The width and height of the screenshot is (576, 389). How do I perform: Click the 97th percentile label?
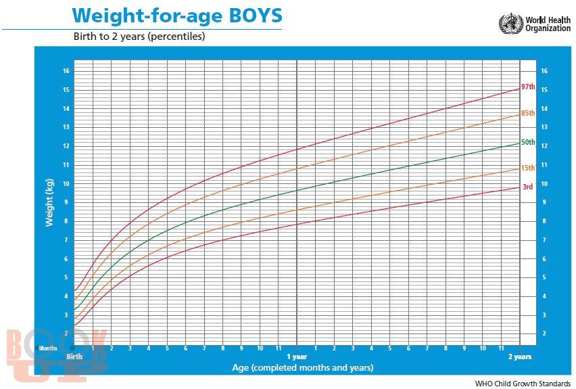pyautogui.click(x=528, y=87)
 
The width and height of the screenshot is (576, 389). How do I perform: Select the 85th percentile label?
pyautogui.click(x=528, y=113)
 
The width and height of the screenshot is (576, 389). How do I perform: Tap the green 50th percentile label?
pyautogui.click(x=528, y=142)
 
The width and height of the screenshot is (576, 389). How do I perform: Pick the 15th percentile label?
pyautogui.click(x=528, y=168)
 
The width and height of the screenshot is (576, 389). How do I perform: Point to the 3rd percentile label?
pyautogui.click(x=527, y=187)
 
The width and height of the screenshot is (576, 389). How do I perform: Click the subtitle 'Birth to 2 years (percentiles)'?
pyautogui.click(x=139, y=37)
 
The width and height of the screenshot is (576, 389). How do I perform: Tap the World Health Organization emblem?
pyautogui.click(x=510, y=24)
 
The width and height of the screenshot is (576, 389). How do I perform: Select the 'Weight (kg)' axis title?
pyautogui.click(x=49, y=202)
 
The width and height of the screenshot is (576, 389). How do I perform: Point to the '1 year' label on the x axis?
pyautogui.click(x=297, y=356)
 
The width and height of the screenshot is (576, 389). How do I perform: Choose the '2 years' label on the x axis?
pyautogui.click(x=519, y=356)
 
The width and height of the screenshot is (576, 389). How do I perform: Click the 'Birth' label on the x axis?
pyautogui.click(x=74, y=356)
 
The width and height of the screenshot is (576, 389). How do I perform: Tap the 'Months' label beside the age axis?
pyautogui.click(x=48, y=348)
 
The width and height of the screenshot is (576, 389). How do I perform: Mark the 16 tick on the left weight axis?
pyautogui.click(x=66, y=71)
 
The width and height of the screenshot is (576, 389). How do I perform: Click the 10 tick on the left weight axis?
pyautogui.click(x=66, y=184)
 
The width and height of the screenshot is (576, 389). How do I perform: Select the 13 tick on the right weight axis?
pyautogui.click(x=544, y=127)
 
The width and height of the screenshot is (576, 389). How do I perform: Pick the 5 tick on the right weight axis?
pyautogui.click(x=544, y=277)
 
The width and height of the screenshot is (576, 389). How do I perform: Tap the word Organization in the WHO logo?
pyautogui.click(x=548, y=29)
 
